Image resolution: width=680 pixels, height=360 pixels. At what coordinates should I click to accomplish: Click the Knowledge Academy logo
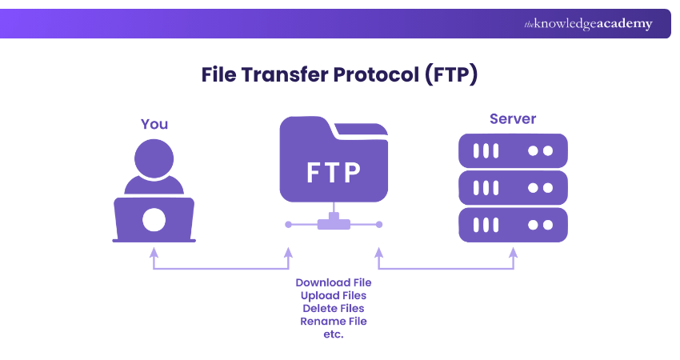pos(588,24)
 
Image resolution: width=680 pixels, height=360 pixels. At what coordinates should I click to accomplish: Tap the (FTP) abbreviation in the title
pos(451,75)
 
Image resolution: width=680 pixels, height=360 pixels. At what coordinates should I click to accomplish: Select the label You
pos(154,124)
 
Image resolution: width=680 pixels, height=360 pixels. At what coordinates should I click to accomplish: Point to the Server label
pos(513,119)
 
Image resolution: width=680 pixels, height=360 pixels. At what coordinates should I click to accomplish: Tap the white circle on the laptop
pos(154,218)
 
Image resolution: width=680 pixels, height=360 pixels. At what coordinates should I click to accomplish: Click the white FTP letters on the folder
pos(334,172)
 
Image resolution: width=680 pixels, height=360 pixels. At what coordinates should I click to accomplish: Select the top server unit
pos(513,150)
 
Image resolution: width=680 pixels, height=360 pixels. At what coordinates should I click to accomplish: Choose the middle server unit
pos(513,188)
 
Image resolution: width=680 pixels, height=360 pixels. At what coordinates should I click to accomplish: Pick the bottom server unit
pos(513,226)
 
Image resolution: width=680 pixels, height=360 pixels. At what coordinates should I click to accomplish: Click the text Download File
pos(334,282)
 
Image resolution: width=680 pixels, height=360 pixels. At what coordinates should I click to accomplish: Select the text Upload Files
pos(334,295)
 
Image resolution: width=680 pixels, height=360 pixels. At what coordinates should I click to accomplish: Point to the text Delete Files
pos(334,308)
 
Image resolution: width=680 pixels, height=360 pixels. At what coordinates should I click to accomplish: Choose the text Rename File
pos(334,321)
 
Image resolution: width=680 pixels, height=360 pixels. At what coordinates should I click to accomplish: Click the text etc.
pos(334,334)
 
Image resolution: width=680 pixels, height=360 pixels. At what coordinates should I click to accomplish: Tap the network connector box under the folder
pos(334,224)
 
